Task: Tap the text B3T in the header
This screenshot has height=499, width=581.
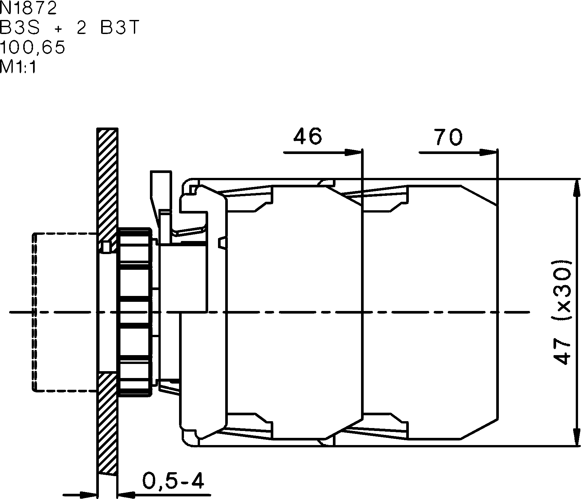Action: (x=120, y=28)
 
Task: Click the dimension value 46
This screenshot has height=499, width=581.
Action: (x=307, y=136)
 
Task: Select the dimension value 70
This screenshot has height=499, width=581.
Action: (x=448, y=137)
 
